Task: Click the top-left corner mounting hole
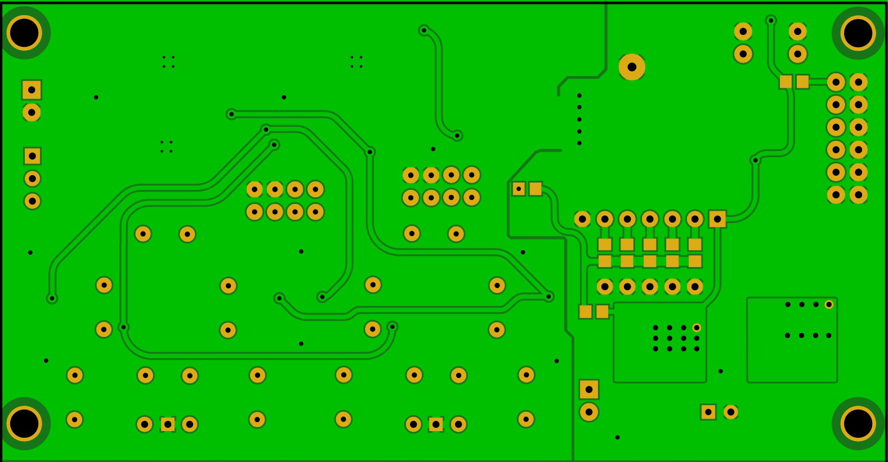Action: [24, 33]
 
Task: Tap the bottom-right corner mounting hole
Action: [858, 424]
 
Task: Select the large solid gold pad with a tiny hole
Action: [632, 67]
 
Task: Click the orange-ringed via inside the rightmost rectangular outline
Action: [829, 305]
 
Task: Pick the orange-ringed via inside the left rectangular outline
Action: [697, 328]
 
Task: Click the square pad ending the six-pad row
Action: [717, 219]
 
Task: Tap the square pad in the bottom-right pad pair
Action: [708, 412]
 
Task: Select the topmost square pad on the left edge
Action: [32, 90]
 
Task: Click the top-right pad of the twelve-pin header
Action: [858, 82]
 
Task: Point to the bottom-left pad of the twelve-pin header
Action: [836, 195]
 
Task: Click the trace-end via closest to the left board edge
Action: [52, 298]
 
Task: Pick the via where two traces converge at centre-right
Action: [548, 296]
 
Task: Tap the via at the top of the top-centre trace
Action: [424, 30]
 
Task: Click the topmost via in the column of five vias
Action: [579, 95]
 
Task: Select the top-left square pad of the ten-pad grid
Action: [605, 245]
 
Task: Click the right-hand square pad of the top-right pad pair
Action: [802, 82]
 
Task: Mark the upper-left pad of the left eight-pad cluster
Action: [255, 189]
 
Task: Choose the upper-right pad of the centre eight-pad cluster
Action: [471, 175]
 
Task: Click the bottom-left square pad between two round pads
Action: [167, 424]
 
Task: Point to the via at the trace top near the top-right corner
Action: [771, 20]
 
